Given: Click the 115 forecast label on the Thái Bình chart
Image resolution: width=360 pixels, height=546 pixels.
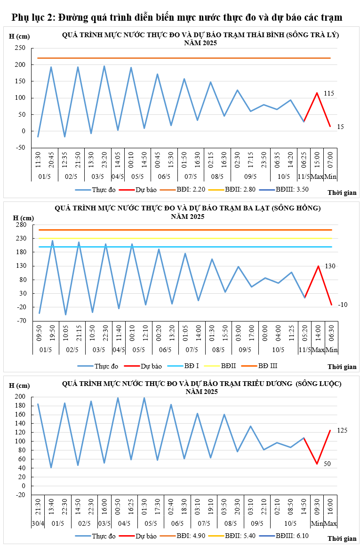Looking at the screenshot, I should click(x=328, y=94).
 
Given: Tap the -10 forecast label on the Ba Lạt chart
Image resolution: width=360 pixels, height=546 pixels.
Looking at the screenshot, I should click(x=343, y=305).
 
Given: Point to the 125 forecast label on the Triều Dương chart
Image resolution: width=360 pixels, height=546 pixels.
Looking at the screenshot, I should click(x=343, y=430).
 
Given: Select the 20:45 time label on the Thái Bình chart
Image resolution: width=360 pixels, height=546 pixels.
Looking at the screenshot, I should click(x=51, y=160).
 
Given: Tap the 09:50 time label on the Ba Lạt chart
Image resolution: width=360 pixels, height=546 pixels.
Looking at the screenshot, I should click(x=40, y=334).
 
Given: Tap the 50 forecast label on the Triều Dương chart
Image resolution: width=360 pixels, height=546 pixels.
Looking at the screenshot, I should click(x=327, y=464).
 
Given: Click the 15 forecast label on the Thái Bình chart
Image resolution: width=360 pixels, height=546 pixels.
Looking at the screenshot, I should click(x=340, y=127).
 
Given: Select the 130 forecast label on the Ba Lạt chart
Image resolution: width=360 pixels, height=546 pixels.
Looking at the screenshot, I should click(x=330, y=266).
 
